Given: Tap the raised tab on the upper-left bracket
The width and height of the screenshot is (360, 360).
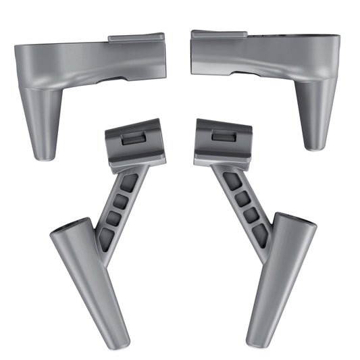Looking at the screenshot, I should click(135, 38).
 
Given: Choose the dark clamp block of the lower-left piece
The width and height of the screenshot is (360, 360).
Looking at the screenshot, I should click(134, 142).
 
